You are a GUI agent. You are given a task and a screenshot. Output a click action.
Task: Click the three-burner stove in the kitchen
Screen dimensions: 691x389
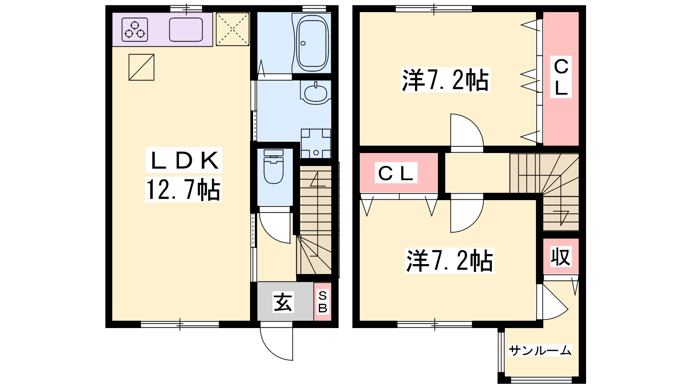(135, 30)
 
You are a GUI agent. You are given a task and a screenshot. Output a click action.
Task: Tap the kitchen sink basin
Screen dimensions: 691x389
(186, 30)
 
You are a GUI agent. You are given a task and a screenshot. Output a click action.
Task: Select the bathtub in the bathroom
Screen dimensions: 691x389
(312, 41)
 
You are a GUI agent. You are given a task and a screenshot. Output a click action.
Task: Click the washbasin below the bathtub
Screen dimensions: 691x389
(316, 92)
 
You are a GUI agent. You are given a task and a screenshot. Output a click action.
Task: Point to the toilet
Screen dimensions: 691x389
(274, 166)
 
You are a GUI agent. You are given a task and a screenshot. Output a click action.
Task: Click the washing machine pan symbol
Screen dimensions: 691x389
(316, 143)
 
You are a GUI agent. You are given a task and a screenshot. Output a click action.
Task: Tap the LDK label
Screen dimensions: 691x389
(184, 160)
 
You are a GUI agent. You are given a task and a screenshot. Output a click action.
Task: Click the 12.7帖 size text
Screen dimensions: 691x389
(183, 190)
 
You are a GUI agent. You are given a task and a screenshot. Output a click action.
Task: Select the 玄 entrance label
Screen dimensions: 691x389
(283, 302)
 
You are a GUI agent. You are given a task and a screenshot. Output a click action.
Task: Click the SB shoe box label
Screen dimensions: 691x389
(322, 302)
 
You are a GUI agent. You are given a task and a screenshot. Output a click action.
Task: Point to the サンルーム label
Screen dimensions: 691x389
(540, 351)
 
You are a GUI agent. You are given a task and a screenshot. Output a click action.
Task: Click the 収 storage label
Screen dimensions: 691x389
(561, 257)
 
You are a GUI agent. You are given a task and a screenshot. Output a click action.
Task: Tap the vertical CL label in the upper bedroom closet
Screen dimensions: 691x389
(561, 77)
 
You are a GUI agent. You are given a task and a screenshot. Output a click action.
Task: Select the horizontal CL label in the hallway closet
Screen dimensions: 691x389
(396, 173)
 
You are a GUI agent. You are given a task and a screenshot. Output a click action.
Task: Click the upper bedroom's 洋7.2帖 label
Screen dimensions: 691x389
(445, 80)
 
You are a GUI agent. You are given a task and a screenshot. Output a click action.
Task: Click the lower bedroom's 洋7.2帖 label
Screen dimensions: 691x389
(450, 261)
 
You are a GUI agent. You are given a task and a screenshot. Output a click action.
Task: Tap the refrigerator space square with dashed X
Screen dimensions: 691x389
(233, 29)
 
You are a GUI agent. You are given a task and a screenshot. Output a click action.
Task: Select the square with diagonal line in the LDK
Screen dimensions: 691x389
(142, 67)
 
